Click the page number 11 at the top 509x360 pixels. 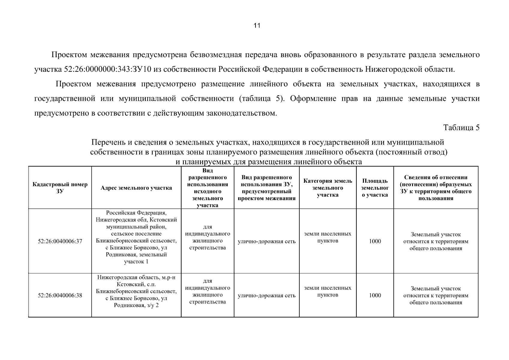pos(257,25)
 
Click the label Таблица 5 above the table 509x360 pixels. pos(461,127)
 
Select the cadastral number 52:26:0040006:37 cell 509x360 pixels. pos(60,241)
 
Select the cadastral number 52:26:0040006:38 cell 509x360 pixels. pos(60,295)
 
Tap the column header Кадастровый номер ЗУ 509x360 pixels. pos(60,188)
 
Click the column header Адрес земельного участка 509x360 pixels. pos(136,188)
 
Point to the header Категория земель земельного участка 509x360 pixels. pos(328,188)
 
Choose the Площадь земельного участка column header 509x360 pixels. pos(375,188)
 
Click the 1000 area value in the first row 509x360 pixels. pos(375,241)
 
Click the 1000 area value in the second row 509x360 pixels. pos(375,295)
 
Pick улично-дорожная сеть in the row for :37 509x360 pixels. pos(266,241)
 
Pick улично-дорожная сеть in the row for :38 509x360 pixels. pos(266,296)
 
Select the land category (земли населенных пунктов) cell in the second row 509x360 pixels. pos(328,291)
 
